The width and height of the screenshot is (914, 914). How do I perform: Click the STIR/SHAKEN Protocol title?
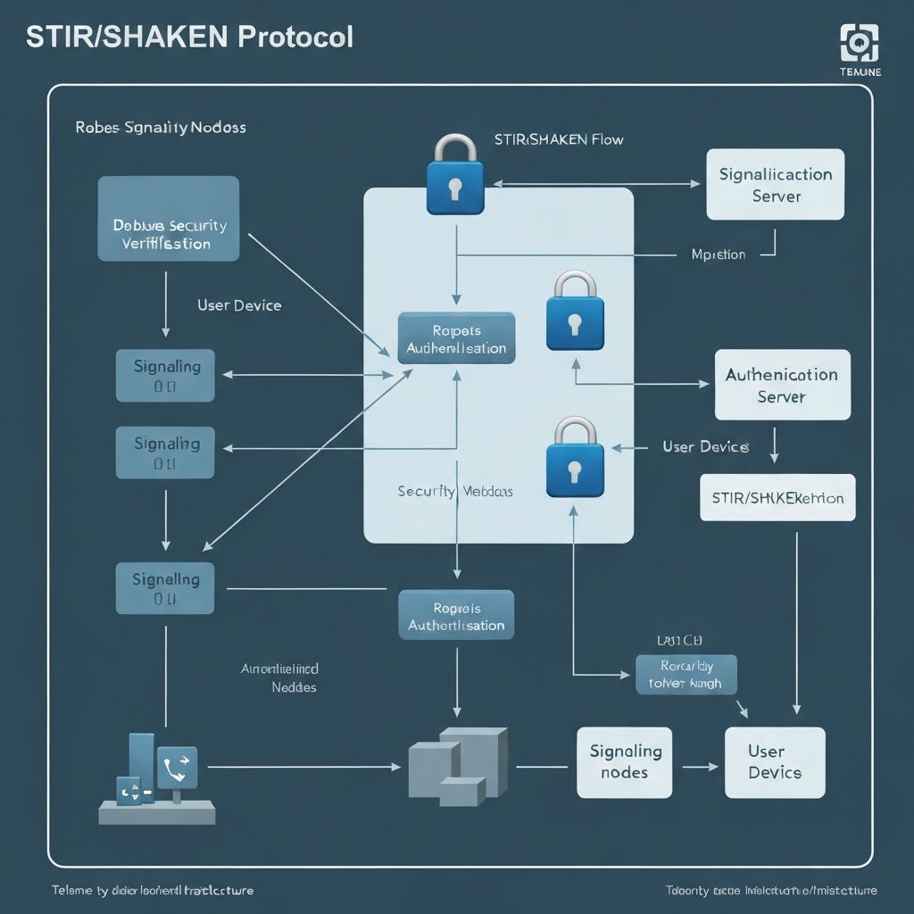click(189, 37)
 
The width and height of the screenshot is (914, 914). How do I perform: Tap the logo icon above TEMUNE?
click(860, 42)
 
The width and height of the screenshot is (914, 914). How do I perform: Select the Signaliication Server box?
click(775, 185)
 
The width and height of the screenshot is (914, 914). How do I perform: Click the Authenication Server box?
click(782, 385)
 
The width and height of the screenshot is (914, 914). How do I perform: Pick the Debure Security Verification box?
click(168, 219)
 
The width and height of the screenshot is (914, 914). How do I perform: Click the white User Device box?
click(774, 762)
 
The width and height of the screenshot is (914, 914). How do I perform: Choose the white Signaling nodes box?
click(624, 761)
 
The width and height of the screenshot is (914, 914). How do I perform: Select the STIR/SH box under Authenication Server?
click(777, 498)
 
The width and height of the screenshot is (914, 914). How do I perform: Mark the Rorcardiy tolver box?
click(686, 674)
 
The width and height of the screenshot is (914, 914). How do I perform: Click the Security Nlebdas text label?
click(455, 491)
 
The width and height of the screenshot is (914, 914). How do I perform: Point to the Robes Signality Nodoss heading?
click(161, 128)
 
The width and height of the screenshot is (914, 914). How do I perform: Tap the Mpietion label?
click(718, 254)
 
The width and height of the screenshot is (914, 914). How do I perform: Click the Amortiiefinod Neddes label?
click(280, 677)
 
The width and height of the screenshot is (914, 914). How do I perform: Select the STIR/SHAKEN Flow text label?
click(558, 139)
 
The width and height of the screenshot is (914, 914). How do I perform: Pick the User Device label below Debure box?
click(239, 305)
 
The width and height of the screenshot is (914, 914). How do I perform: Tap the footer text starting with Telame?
click(153, 890)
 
